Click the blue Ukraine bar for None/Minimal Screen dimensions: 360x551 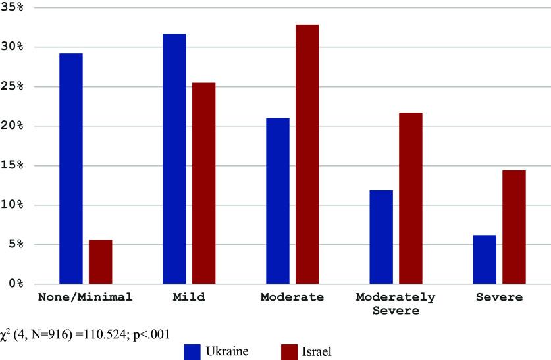71,168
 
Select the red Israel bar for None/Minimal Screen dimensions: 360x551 101,262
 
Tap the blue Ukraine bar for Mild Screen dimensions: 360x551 174,159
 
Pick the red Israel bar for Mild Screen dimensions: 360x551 204,183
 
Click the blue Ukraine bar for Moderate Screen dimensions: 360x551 278,201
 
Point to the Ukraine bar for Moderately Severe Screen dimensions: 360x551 381,237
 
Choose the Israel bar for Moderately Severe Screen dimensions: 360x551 411,198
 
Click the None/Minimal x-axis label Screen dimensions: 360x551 86,297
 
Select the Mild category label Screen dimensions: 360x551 189,297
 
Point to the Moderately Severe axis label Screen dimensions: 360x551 396,303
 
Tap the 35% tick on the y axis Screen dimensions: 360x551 13,7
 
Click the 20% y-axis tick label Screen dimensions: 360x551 13,126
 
